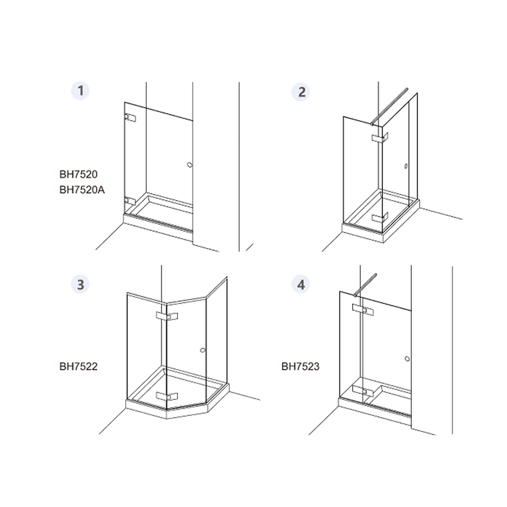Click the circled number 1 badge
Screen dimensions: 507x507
pyautogui.click(x=80, y=91)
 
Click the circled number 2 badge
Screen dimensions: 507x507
pyautogui.click(x=301, y=92)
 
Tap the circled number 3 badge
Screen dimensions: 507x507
pyautogui.click(x=80, y=284)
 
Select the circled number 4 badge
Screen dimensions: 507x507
pyautogui.click(x=301, y=284)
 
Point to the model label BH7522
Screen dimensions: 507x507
pyautogui.click(x=78, y=367)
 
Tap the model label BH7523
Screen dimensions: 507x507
pyautogui.click(x=300, y=367)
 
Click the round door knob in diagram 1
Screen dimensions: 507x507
pyautogui.click(x=190, y=165)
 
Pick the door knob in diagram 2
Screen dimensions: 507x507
pyautogui.click(x=406, y=166)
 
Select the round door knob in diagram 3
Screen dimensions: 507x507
pyautogui.click(x=202, y=350)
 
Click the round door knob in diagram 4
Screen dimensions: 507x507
pyautogui.click(x=407, y=359)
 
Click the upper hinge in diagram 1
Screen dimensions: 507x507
pyautogui.click(x=130, y=118)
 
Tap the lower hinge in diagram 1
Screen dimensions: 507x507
pyautogui.click(x=130, y=201)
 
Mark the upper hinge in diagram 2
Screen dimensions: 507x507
pyautogui.click(x=380, y=137)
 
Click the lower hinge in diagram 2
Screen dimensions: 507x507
pyautogui.click(x=380, y=217)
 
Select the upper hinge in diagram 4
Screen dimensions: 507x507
pyautogui.click(x=363, y=310)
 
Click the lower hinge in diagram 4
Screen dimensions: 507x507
pyautogui.click(x=363, y=391)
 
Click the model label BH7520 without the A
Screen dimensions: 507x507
pyautogui.click(x=78, y=174)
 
